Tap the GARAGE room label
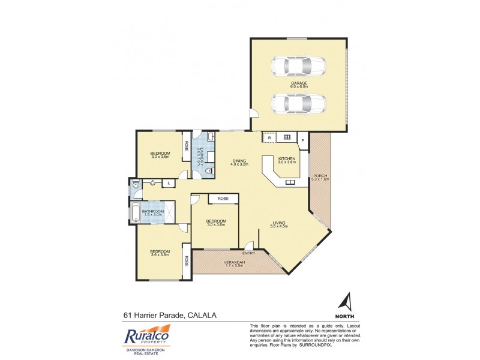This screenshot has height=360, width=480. click(x=299, y=84)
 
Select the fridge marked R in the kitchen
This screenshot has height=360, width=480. click(x=269, y=137)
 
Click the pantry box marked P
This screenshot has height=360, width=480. click(x=302, y=141)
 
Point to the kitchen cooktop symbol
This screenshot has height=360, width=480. click(x=287, y=137)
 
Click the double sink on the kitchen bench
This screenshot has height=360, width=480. click(x=290, y=182)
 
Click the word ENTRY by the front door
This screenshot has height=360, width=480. click(x=249, y=253)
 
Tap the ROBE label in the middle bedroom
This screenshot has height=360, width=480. click(x=223, y=198)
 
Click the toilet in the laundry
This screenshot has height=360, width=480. click(x=208, y=172)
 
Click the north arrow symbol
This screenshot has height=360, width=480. click(x=346, y=301)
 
